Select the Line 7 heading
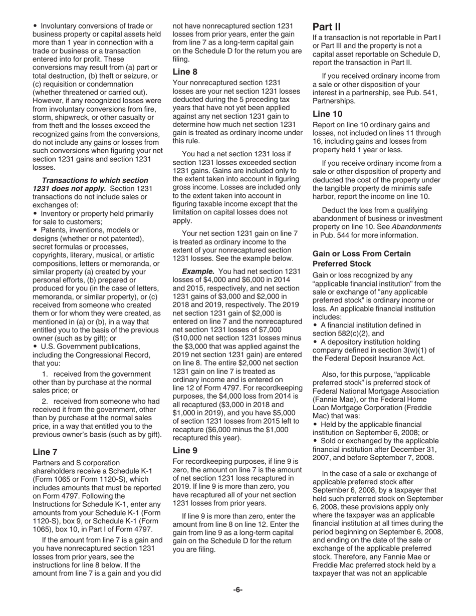45,451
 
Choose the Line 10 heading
327,114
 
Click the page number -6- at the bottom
237,589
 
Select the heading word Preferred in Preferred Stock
334,263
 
